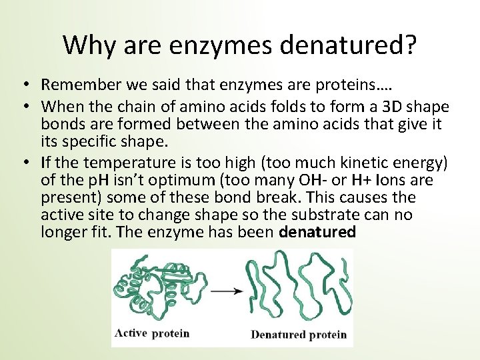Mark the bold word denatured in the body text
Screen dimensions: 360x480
click(318, 232)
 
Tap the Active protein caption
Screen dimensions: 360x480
click(153, 333)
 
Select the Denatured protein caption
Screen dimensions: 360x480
click(299, 334)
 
